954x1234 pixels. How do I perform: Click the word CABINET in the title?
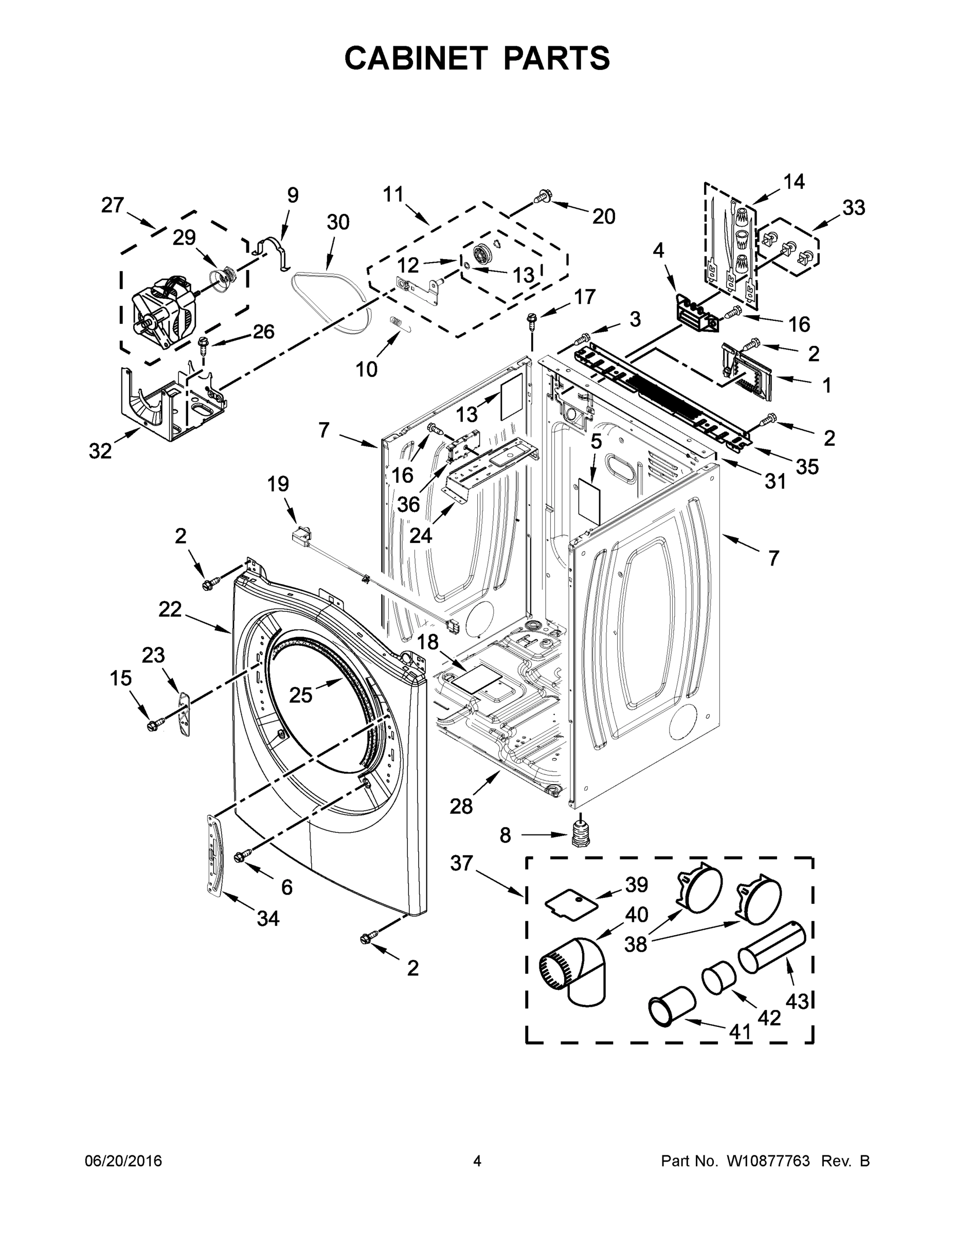(x=416, y=58)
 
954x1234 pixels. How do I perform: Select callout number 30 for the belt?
(x=338, y=222)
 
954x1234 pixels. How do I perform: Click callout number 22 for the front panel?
(x=170, y=609)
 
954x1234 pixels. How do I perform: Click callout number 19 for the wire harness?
(x=278, y=484)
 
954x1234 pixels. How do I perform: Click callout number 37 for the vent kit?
(x=461, y=863)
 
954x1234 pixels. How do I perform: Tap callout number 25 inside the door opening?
(x=301, y=695)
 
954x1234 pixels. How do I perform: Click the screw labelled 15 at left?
(x=153, y=725)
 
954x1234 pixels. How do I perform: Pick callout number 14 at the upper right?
(x=794, y=182)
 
